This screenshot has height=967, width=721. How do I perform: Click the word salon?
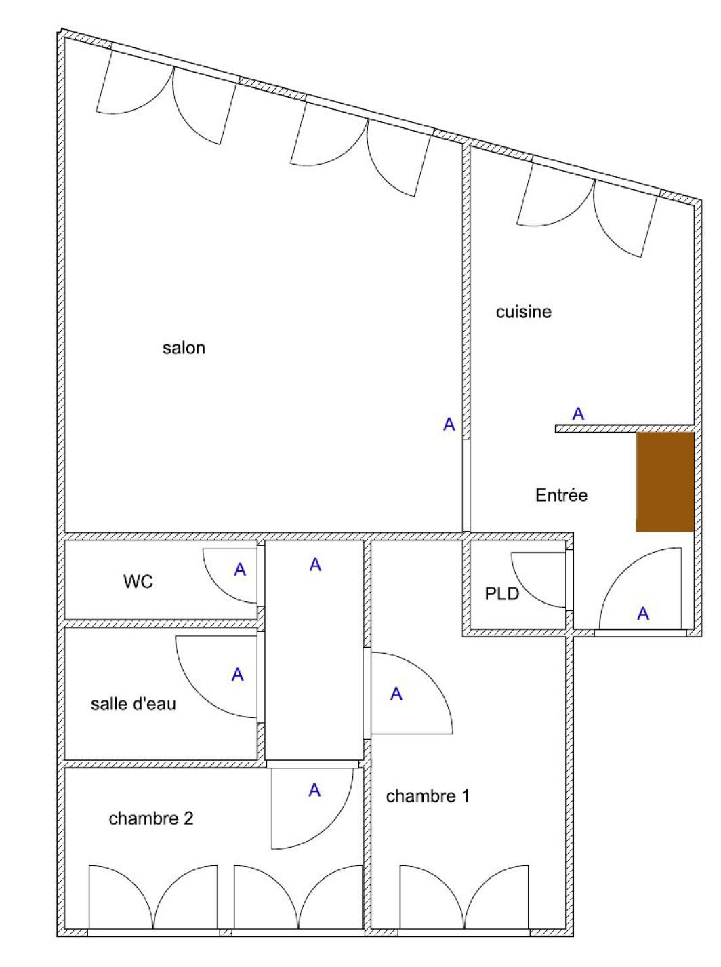click(184, 348)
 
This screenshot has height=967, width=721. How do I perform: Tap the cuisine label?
click(523, 312)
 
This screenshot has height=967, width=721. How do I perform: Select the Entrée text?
click(561, 495)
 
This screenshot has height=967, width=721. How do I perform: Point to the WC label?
click(138, 582)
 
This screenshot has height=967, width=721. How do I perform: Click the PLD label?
click(501, 594)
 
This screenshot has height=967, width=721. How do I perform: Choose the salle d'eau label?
click(133, 704)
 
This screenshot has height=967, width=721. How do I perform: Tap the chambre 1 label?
click(428, 796)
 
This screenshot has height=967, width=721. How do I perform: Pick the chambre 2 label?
click(150, 818)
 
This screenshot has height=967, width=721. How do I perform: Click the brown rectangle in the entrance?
click(665, 482)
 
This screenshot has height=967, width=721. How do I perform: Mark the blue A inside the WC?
click(239, 570)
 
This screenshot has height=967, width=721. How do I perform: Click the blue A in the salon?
click(449, 425)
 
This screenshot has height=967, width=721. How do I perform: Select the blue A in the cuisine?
click(577, 414)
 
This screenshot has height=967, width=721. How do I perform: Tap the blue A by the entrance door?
click(642, 613)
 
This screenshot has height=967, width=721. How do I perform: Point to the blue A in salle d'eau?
click(237, 675)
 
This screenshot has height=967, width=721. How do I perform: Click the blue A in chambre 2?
click(314, 790)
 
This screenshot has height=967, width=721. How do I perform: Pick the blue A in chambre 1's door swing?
click(396, 694)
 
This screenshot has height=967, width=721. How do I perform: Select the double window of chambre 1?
click(464, 894)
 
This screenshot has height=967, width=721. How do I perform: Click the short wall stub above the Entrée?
click(625, 428)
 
